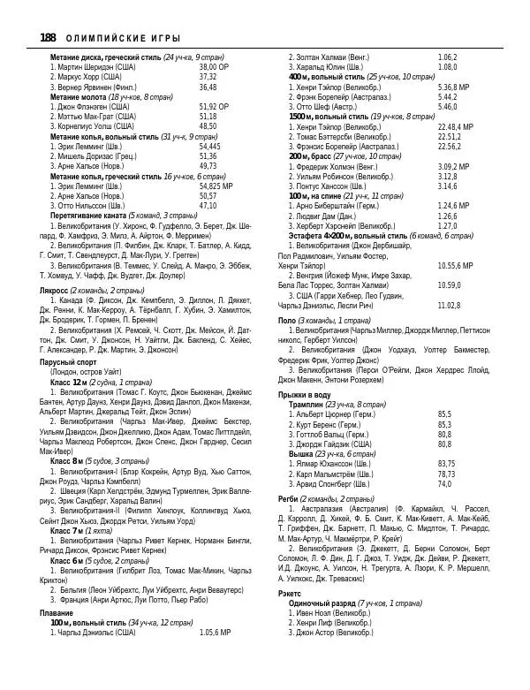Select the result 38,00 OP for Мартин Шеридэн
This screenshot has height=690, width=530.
[x=213, y=67]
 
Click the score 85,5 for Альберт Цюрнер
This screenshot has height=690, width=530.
[x=444, y=413]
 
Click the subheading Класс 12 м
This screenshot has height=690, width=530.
[x=68, y=381]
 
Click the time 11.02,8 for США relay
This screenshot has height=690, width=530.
[x=449, y=305]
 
